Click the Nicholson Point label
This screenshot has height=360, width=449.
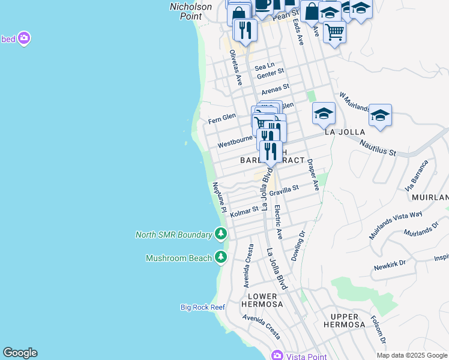coord(190,11)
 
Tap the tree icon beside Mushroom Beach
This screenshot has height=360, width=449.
coord(221,257)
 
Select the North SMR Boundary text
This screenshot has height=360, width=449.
coord(173,234)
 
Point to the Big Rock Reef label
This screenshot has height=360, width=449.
coord(203,307)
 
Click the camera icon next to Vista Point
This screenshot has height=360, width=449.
coord(276,356)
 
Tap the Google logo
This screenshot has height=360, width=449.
coord(20,353)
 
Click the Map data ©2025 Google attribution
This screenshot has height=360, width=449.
coord(411,355)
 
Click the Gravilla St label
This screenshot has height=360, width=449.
coord(283,190)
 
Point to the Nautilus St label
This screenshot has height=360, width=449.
coord(378,148)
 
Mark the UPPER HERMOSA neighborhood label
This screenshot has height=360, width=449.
coord(345,320)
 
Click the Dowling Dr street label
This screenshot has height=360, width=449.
coord(298,246)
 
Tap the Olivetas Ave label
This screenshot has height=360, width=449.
coord(235,67)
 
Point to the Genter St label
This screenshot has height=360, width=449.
coord(270,73)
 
